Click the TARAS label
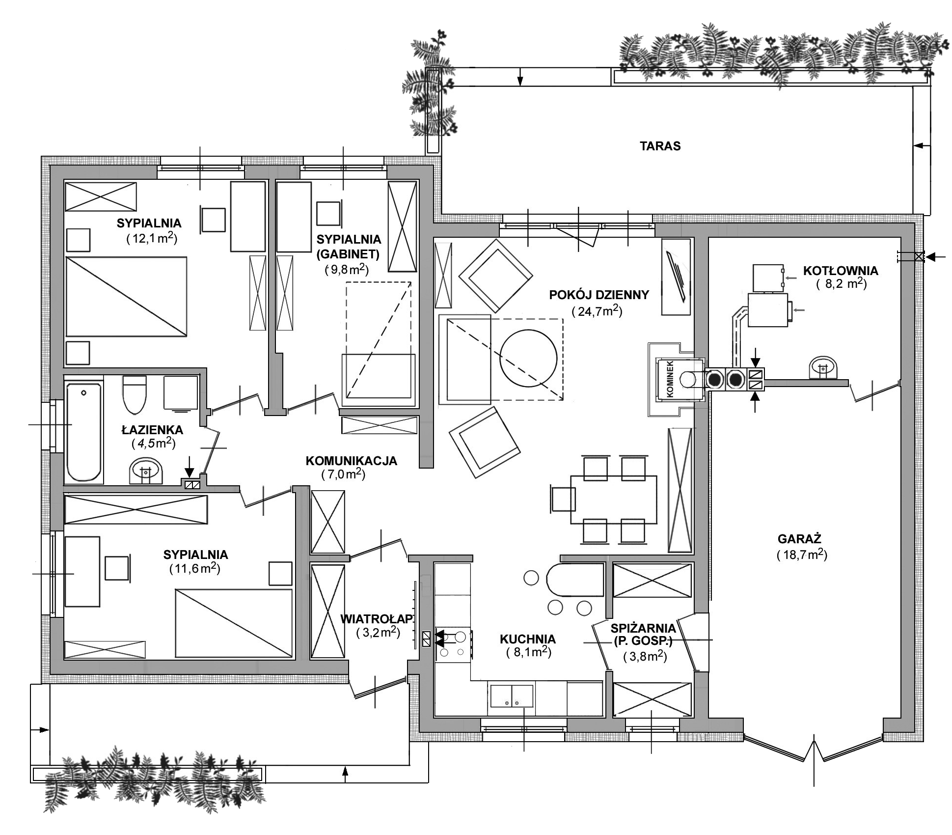[x=660, y=146]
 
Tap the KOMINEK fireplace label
[x=671, y=379]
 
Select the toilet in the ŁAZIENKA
[x=134, y=394]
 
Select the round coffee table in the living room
[x=528, y=358]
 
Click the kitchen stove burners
[x=453, y=644]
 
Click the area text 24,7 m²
[x=597, y=311]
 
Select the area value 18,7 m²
[x=802, y=555]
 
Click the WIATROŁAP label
[x=377, y=618]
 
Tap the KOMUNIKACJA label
[x=351, y=461]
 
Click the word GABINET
[x=348, y=254]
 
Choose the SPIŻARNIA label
[x=643, y=628]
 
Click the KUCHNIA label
[x=528, y=639]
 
